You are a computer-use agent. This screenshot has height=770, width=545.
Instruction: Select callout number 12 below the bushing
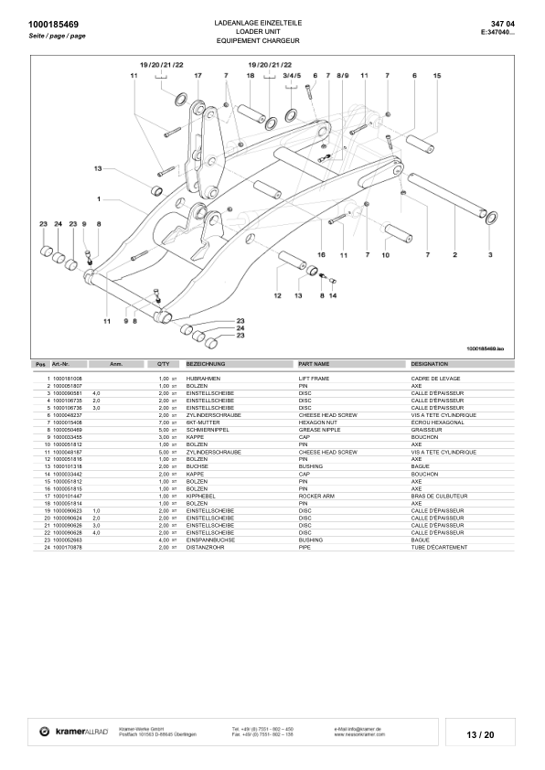(x=277, y=296)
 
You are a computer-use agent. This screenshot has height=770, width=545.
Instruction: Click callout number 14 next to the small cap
(x=333, y=296)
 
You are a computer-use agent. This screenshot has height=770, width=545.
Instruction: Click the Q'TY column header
(x=164, y=364)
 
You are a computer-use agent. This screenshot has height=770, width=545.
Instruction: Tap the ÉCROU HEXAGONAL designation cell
(x=440, y=422)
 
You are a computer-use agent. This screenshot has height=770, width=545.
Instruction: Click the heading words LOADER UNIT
(x=272, y=30)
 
